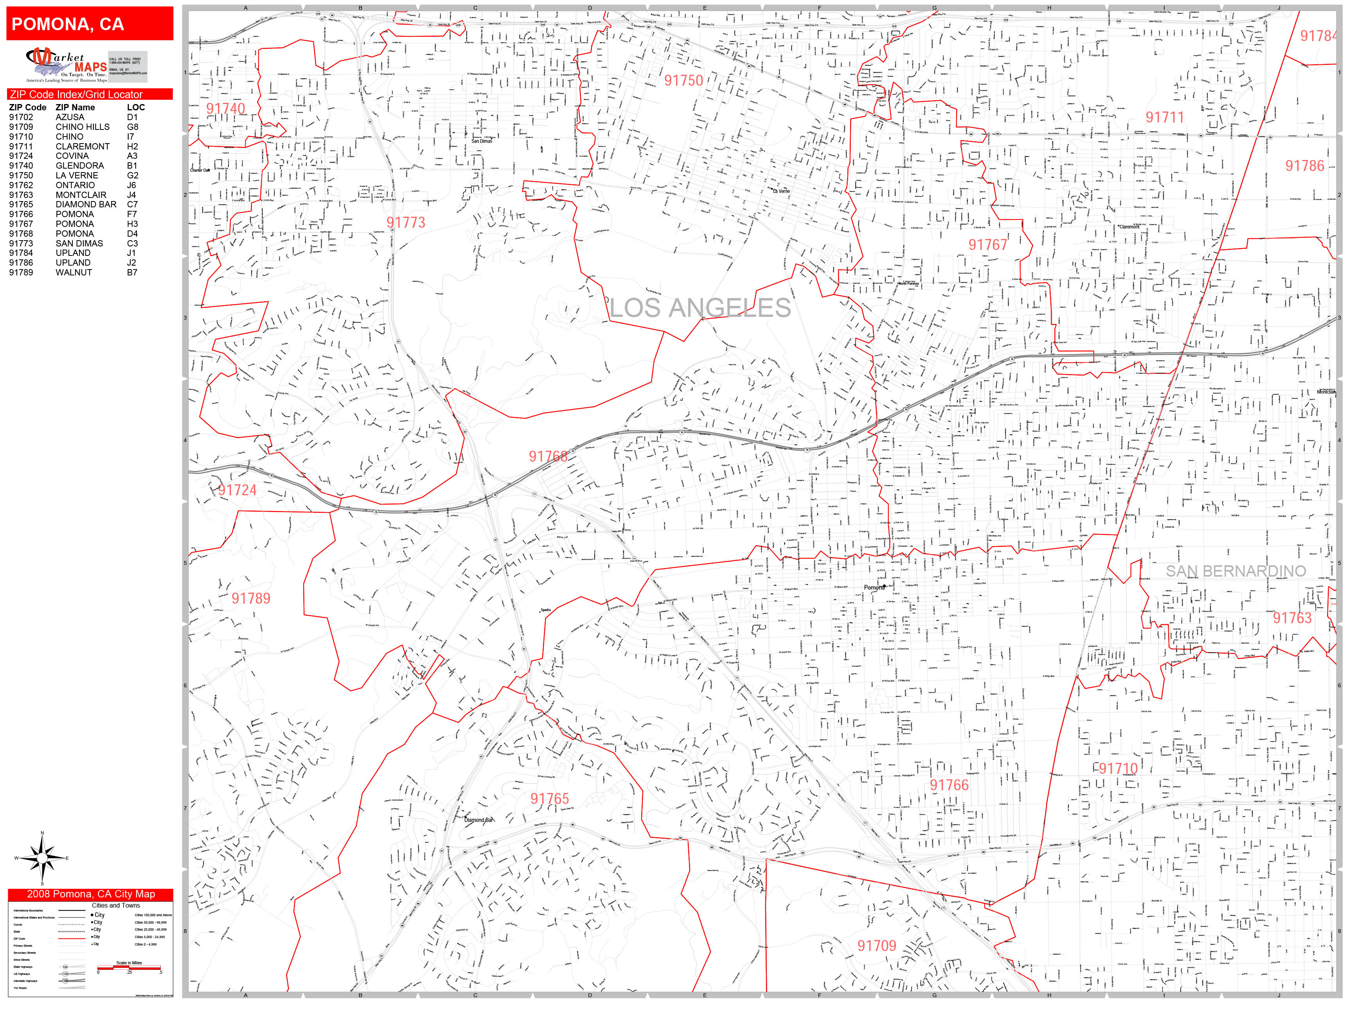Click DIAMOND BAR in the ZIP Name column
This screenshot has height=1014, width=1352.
[x=86, y=204]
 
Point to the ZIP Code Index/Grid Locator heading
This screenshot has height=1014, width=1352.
[x=76, y=95]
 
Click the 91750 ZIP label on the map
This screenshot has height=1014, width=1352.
[x=683, y=81]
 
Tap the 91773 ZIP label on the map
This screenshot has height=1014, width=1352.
[x=406, y=223]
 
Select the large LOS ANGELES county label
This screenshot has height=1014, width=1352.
[x=700, y=308]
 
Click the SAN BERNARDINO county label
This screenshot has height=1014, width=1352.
[x=1235, y=571]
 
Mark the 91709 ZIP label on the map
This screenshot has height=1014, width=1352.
[x=876, y=946]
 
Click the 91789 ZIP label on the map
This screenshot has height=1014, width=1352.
[x=251, y=599]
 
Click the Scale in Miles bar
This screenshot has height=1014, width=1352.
[x=129, y=967]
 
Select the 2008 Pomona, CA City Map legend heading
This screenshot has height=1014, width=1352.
[x=90, y=894]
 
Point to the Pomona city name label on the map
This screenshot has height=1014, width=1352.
[x=874, y=587]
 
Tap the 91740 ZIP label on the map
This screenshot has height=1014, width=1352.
[x=226, y=109]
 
